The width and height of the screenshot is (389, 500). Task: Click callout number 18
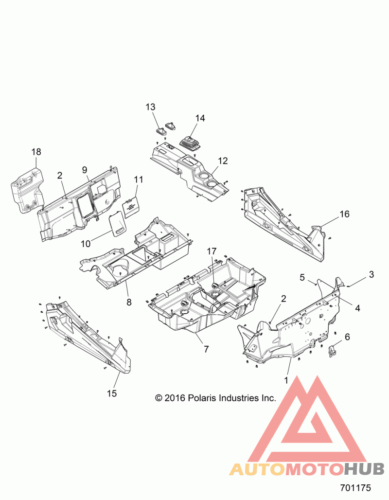(36, 152)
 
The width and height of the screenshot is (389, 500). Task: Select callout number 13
(151, 107)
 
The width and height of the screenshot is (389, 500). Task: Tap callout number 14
(200, 118)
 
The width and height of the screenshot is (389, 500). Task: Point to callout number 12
(223, 161)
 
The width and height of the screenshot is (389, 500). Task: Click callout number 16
(345, 214)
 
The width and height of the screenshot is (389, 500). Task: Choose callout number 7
(206, 349)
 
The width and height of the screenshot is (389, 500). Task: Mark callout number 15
(112, 393)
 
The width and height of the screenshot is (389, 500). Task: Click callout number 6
(347, 337)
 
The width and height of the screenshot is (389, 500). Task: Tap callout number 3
(371, 274)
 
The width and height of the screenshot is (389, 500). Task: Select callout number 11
(139, 179)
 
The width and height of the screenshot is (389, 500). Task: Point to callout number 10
(86, 244)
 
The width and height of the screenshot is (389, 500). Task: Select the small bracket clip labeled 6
(333, 351)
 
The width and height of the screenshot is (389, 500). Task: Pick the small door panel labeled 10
(117, 223)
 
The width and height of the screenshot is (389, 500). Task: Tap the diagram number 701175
(355, 488)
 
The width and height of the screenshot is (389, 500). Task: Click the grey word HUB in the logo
(365, 469)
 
